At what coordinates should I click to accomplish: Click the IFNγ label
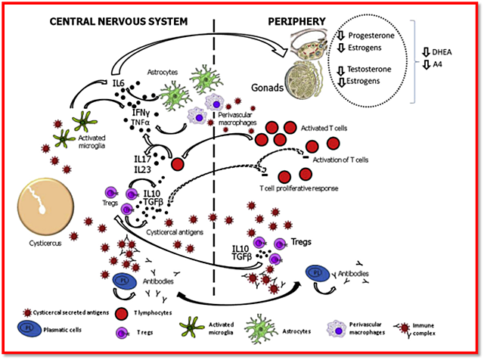pyautogui.click(x=134, y=110)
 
